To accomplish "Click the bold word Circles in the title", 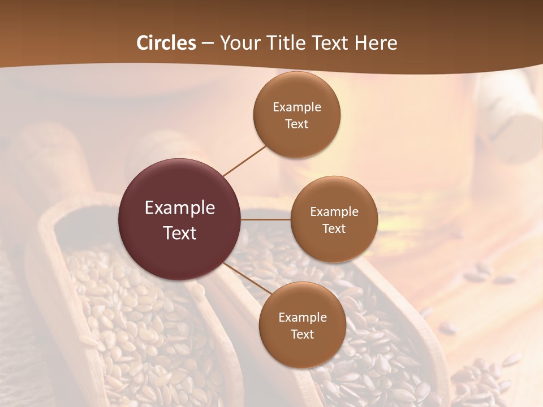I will click(166, 43).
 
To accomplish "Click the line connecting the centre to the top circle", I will click(244, 161).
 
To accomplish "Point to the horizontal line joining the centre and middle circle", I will click(266, 219).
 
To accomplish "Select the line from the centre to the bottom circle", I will click(247, 279).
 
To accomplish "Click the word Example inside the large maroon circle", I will click(180, 208).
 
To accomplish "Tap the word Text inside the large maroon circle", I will click(180, 233).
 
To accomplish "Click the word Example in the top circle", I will click(297, 107).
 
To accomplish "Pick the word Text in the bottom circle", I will click(302, 335).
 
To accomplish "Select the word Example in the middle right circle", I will click(334, 212).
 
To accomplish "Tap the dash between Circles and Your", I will click(208, 44).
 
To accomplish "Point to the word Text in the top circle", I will click(297, 124).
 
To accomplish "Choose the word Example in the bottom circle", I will click(303, 318).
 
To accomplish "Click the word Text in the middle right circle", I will click(334, 229).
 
